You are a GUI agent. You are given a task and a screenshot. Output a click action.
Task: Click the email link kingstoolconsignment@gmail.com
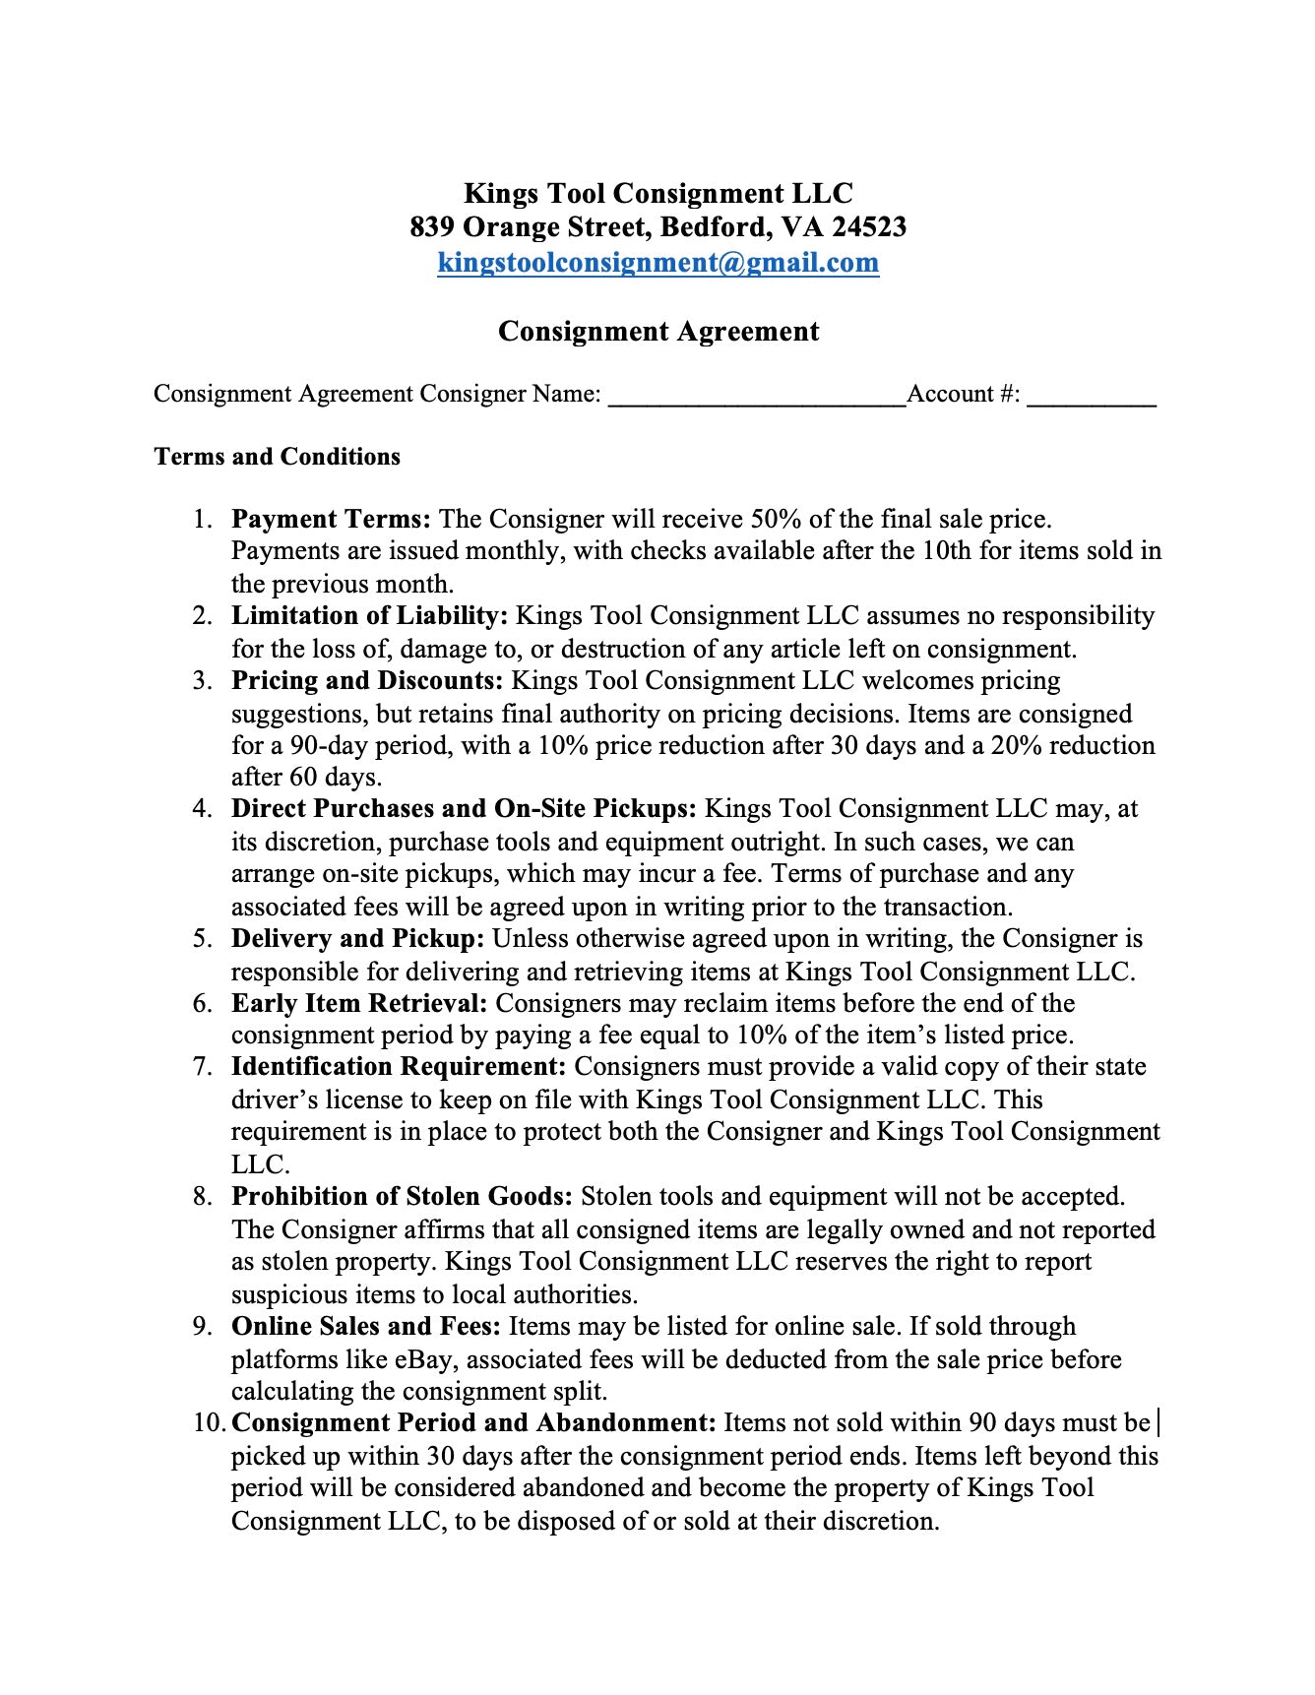click(657, 263)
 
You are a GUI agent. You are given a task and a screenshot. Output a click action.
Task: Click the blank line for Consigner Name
click(756, 397)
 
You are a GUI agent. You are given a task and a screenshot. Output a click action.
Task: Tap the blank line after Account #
click(1092, 397)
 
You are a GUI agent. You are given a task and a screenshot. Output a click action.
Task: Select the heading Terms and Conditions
click(278, 457)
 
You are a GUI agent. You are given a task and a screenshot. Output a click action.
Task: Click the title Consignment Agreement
click(657, 331)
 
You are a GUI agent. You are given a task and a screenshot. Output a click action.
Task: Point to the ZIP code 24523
click(869, 228)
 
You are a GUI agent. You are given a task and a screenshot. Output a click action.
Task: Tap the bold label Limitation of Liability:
click(369, 616)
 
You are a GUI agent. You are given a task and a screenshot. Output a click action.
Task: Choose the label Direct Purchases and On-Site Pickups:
click(464, 809)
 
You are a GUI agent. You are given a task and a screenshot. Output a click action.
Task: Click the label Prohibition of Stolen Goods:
click(402, 1197)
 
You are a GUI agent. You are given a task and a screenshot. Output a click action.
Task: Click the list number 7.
click(201, 1067)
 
